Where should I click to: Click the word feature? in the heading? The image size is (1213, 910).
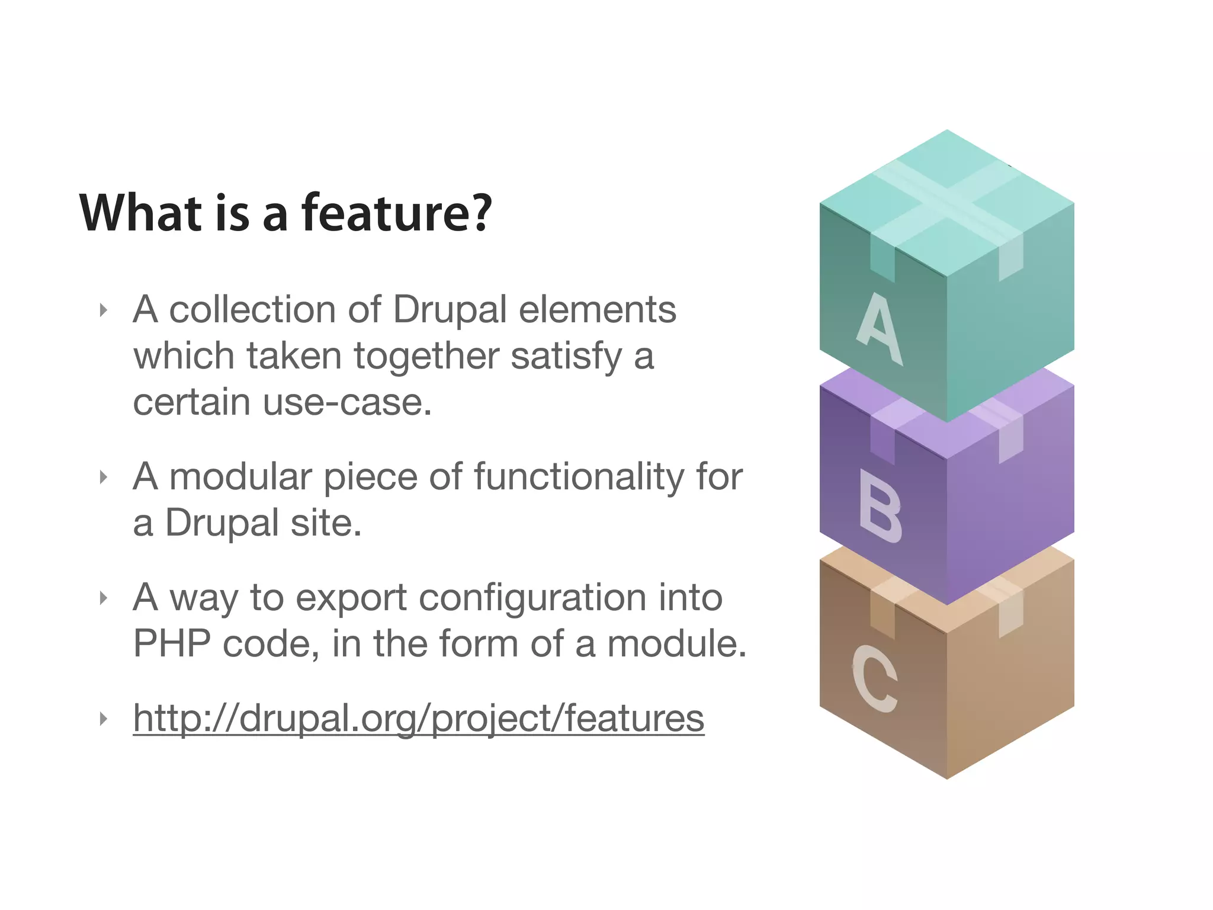[x=397, y=213]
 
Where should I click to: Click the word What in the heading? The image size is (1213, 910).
[x=140, y=213]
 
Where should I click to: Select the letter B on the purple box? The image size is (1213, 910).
[x=880, y=507]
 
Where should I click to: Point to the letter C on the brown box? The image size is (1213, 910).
[x=875, y=678]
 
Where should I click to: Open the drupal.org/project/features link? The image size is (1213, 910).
[x=418, y=718]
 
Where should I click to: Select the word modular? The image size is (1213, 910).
[x=240, y=477]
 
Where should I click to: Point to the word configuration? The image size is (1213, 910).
[x=532, y=597]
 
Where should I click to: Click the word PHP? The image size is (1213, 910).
[x=172, y=643]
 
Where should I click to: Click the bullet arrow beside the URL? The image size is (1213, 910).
[x=104, y=719]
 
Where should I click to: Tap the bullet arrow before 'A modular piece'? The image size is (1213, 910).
[x=104, y=477]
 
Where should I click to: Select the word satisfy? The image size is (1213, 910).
[x=566, y=356]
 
